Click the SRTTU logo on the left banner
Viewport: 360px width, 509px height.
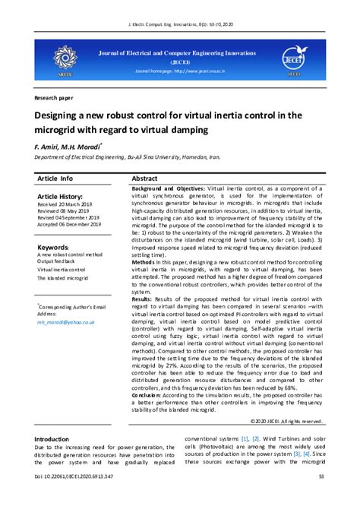click(61, 58)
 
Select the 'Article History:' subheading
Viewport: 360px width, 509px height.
click(60, 196)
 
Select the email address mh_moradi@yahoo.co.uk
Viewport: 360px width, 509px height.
click(67, 322)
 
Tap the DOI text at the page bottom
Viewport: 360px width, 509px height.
click(74, 498)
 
